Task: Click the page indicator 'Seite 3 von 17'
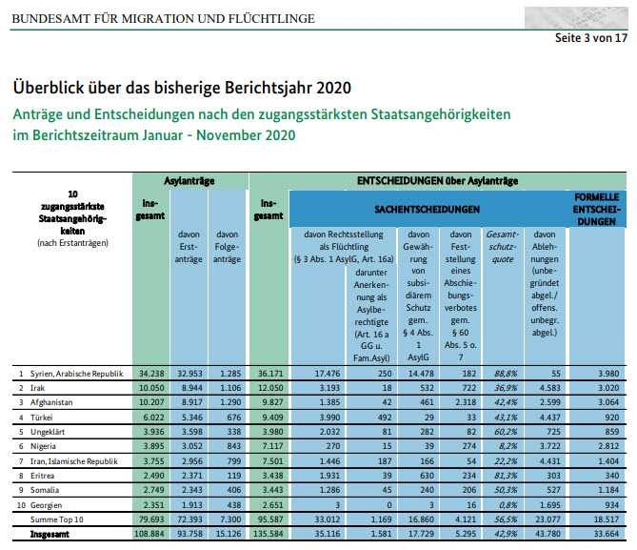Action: click(x=591, y=39)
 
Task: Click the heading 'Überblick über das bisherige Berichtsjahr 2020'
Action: click(x=182, y=88)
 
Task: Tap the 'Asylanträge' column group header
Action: click(x=190, y=179)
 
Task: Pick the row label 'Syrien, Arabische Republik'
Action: click(x=78, y=373)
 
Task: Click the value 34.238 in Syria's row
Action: click(x=152, y=373)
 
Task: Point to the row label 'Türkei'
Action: click(x=41, y=417)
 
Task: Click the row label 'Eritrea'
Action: click(x=41, y=475)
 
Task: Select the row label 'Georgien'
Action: click(x=45, y=504)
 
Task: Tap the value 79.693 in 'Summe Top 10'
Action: click(x=152, y=519)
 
